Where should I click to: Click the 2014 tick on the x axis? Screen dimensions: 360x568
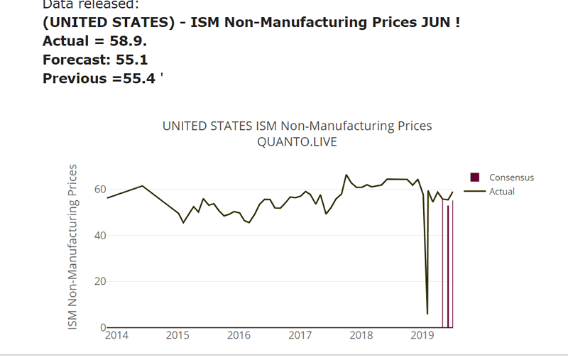click(116, 335)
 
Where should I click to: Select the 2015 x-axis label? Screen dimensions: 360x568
click(177, 335)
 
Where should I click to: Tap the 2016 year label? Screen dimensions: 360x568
click(239, 335)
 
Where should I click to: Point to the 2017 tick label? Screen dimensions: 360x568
click(300, 335)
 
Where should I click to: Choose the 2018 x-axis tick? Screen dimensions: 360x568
click(361, 335)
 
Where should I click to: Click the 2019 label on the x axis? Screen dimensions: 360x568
click(422, 335)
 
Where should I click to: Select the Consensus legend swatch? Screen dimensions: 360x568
click(475, 178)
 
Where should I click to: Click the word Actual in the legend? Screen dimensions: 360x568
click(502, 191)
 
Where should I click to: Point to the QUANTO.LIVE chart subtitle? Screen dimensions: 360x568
click(297, 142)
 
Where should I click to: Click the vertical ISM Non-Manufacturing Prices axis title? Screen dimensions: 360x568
click(72, 246)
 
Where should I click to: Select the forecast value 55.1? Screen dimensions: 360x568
click(133, 60)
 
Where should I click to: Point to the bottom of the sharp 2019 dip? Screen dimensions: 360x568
click(427, 313)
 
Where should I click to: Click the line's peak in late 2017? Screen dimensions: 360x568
click(346, 175)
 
